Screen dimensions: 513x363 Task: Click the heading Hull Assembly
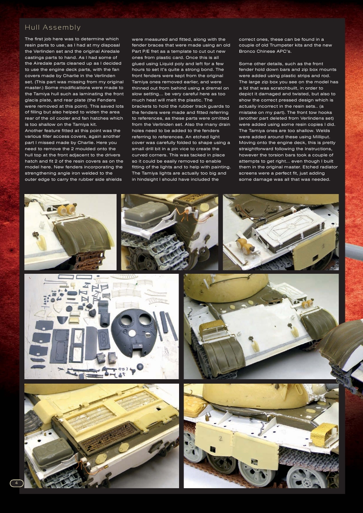[x=53, y=27]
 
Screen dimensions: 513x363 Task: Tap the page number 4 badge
[x=16, y=482]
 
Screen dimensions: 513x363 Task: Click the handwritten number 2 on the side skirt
[x=220, y=438]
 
